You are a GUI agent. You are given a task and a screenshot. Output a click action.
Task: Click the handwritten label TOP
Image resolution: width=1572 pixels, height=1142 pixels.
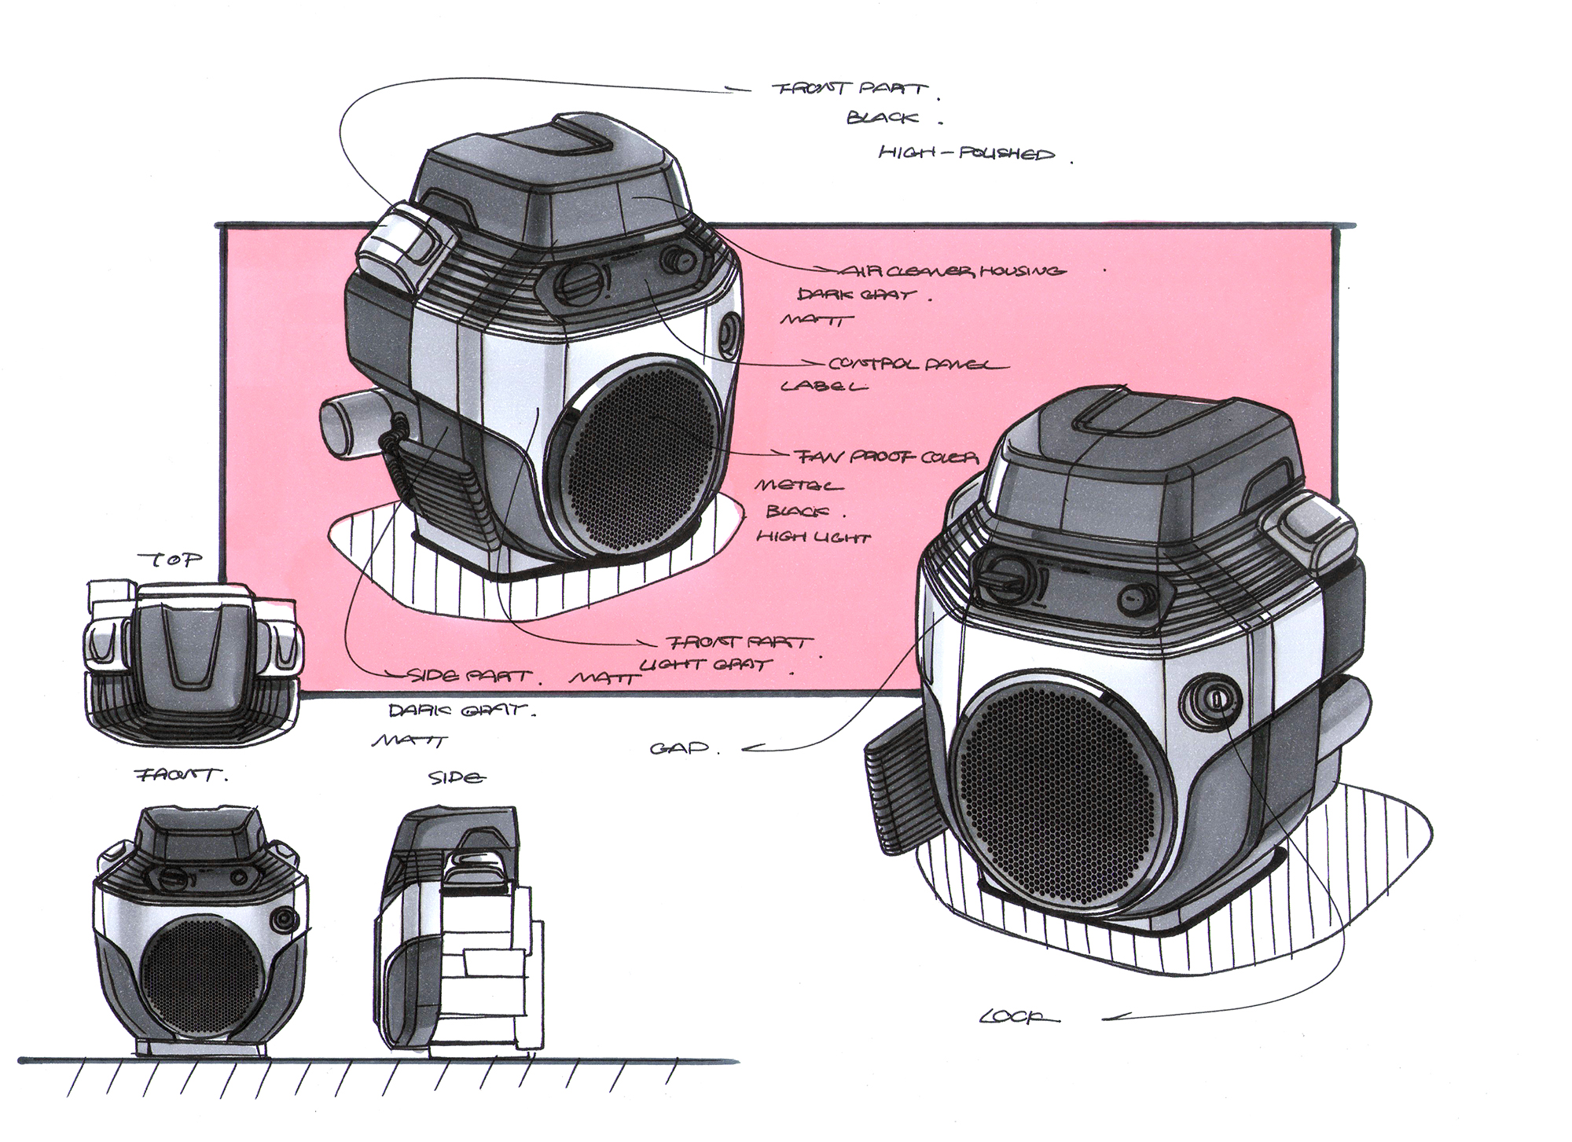point(169,560)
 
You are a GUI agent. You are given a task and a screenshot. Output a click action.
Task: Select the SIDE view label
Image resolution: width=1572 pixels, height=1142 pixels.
point(456,778)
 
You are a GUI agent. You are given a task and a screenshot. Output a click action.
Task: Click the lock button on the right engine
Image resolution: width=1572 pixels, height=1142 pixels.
point(1213,696)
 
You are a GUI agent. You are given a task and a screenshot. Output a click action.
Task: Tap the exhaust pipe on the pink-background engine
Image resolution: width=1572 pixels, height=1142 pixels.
point(351,424)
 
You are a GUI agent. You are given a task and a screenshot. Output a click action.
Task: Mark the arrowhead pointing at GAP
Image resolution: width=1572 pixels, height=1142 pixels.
point(749,749)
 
